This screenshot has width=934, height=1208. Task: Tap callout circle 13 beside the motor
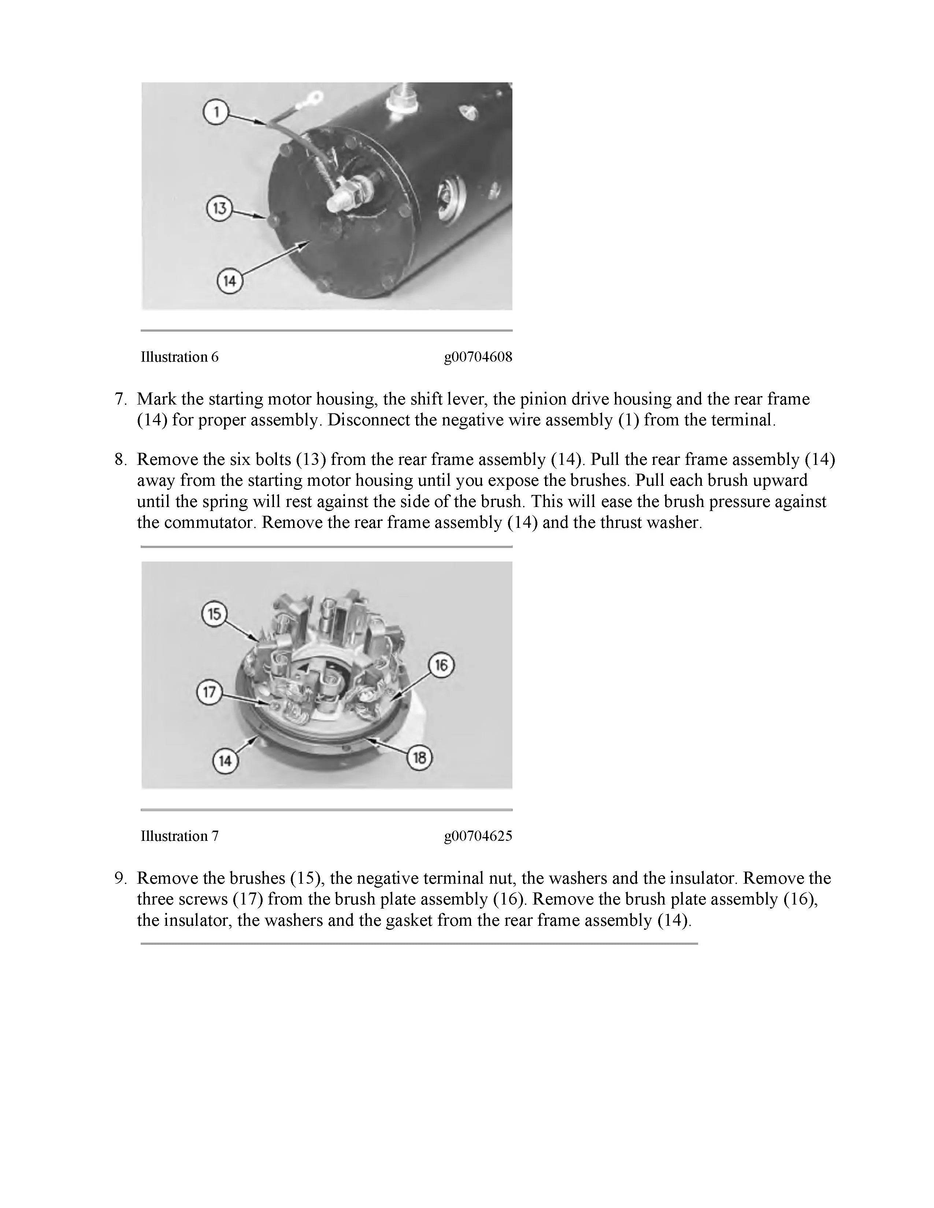[219, 209]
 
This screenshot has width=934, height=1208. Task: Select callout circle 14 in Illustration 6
[229, 281]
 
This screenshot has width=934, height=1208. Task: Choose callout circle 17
[209, 693]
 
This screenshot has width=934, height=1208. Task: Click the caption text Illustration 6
[179, 357]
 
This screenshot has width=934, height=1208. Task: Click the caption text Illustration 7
[179, 836]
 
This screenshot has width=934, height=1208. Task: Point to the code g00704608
[478, 357]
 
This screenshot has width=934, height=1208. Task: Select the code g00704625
[478, 836]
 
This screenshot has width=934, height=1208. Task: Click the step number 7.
[121, 399]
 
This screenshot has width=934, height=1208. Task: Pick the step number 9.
[121, 878]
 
